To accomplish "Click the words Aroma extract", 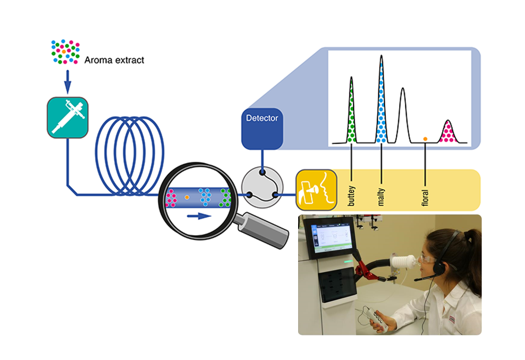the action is click(114, 60).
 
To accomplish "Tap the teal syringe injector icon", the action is click(67, 118).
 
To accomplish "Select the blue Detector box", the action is click(262, 129).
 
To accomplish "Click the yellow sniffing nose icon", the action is click(316, 190).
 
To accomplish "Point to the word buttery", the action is click(351, 196).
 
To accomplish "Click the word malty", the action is click(381, 197).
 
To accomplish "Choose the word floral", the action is click(425, 198).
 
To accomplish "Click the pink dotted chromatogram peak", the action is click(448, 132).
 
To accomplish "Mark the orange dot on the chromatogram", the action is click(425, 139).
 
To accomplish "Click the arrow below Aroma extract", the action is click(67, 82).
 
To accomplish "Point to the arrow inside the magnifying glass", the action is click(199, 216).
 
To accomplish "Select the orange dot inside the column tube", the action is click(187, 197).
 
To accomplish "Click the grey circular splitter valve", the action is click(262, 187).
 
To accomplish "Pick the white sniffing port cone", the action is click(403, 261).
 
